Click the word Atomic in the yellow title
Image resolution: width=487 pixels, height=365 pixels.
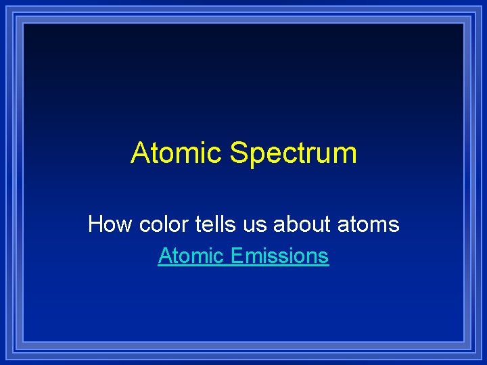coord(177,153)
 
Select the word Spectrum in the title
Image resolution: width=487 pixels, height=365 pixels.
coord(293,154)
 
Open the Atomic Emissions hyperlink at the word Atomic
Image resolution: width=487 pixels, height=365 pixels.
coord(191,256)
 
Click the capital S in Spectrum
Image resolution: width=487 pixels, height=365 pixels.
coord(239,153)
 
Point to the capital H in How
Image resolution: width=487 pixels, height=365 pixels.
coord(95,224)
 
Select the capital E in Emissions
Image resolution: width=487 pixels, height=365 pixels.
coord(235,256)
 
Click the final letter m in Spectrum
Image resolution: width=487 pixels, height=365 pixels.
coord(344,155)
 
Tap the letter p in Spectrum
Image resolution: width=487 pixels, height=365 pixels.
coord(256,157)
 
